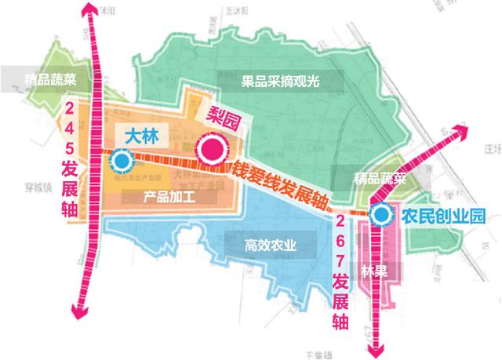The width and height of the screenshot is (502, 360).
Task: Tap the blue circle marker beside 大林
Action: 122,162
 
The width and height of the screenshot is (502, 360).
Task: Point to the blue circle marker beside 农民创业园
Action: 380,213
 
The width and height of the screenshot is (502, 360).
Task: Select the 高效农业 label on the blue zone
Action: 271,245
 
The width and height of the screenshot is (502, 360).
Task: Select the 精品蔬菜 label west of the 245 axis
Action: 49,78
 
